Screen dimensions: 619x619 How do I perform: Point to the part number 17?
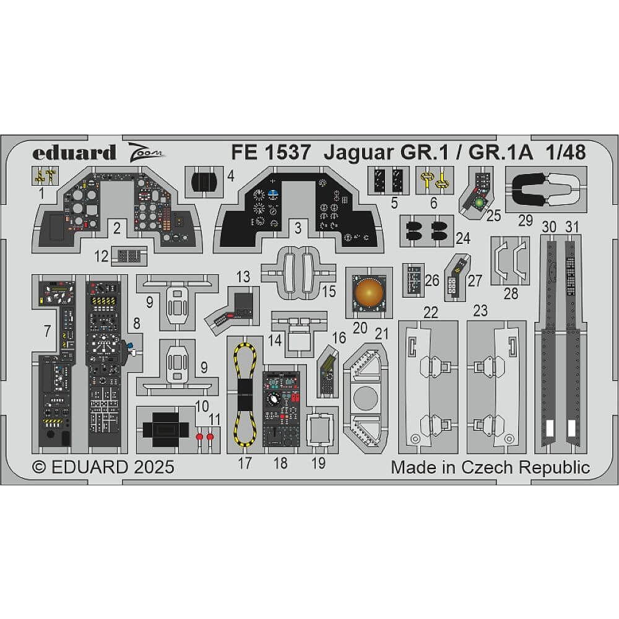[x=245, y=463]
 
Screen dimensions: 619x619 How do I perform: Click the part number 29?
[x=525, y=220]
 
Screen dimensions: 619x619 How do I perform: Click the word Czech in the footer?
[x=493, y=467]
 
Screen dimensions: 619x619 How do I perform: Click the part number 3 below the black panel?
[x=298, y=228]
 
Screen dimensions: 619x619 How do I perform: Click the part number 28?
[x=511, y=293]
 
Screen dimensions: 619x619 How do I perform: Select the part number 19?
[x=318, y=463]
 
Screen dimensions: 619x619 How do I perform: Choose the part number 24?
[x=462, y=238]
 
